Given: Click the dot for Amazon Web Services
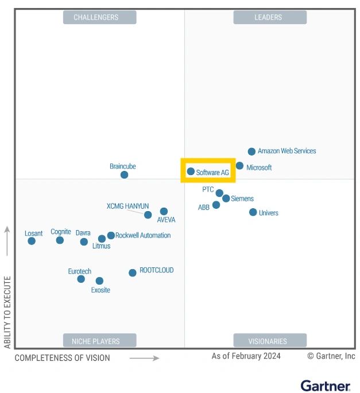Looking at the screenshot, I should [x=251, y=151].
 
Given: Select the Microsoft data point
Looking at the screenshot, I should [x=240, y=166].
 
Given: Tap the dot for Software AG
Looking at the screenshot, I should [x=191, y=171].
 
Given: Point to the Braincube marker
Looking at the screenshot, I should [x=124, y=174].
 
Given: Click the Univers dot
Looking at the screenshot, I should [x=253, y=212].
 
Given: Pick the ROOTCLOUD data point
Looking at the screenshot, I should [x=133, y=273].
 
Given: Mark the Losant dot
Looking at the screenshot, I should [x=32, y=241].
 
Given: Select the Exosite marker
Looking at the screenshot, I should [x=99, y=281].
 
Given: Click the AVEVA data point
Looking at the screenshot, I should [x=164, y=211].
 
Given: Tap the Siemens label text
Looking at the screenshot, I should [x=242, y=199].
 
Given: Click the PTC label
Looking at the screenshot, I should [x=208, y=189].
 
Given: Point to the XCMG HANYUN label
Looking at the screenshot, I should [x=127, y=206].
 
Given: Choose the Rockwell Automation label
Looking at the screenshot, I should [x=143, y=235].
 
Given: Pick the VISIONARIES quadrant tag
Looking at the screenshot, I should [x=268, y=341].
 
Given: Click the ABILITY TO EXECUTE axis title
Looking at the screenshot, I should [x=7, y=312].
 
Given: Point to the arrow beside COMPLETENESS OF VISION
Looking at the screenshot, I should [x=145, y=358].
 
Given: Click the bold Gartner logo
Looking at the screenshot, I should [x=325, y=386].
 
